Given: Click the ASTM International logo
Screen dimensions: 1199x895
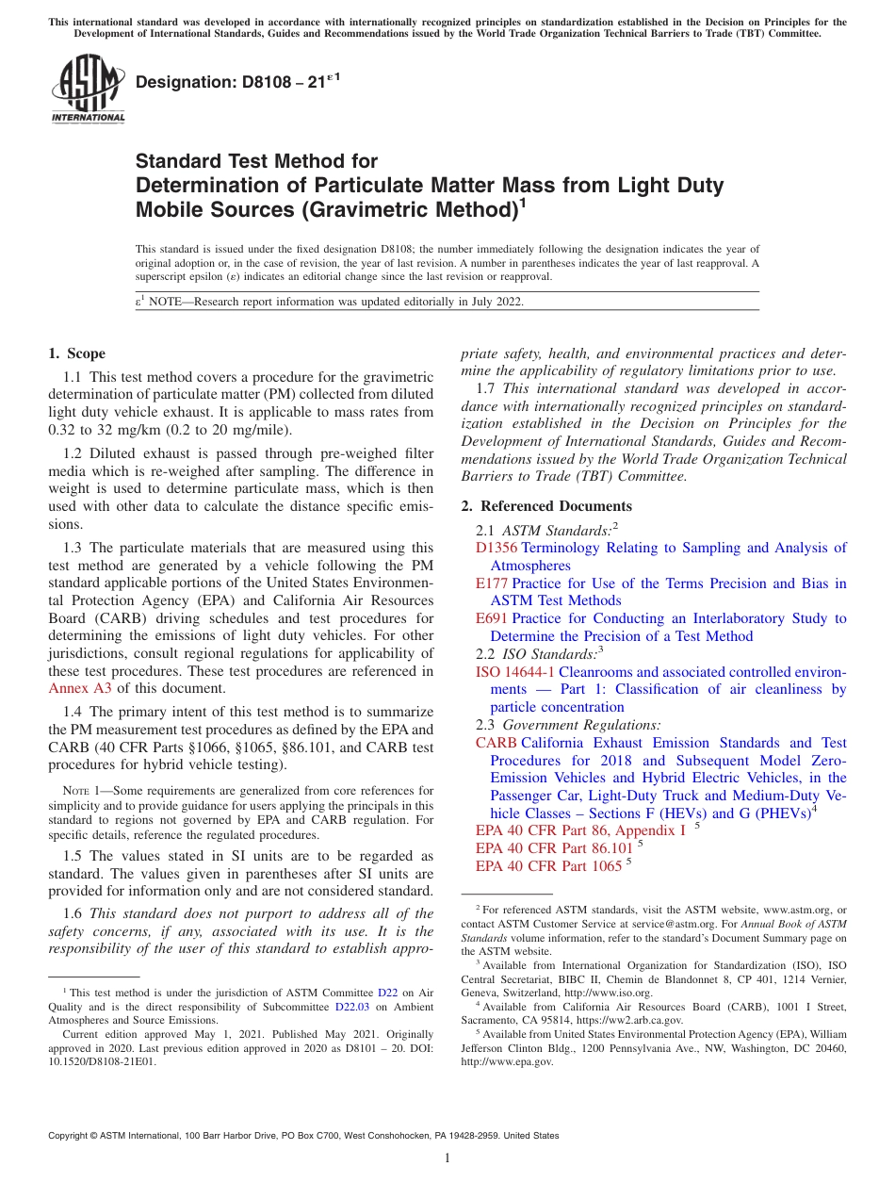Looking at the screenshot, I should [x=87, y=90].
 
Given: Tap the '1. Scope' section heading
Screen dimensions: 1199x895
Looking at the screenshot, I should [x=76, y=353].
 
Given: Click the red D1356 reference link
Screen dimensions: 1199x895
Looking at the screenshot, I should [x=496, y=548].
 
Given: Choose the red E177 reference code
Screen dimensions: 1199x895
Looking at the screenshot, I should [x=492, y=583].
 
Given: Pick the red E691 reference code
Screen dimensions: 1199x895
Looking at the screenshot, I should [x=492, y=618].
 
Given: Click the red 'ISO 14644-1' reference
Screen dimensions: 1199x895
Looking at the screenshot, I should [x=515, y=672].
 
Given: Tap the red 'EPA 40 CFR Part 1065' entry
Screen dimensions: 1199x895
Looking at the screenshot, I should [x=548, y=866].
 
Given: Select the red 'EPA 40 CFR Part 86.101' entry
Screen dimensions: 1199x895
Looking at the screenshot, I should [x=554, y=848].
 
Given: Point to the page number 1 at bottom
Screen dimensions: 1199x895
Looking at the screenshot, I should [x=447, y=1158].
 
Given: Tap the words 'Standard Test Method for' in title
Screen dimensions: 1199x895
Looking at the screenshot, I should [x=256, y=161].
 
